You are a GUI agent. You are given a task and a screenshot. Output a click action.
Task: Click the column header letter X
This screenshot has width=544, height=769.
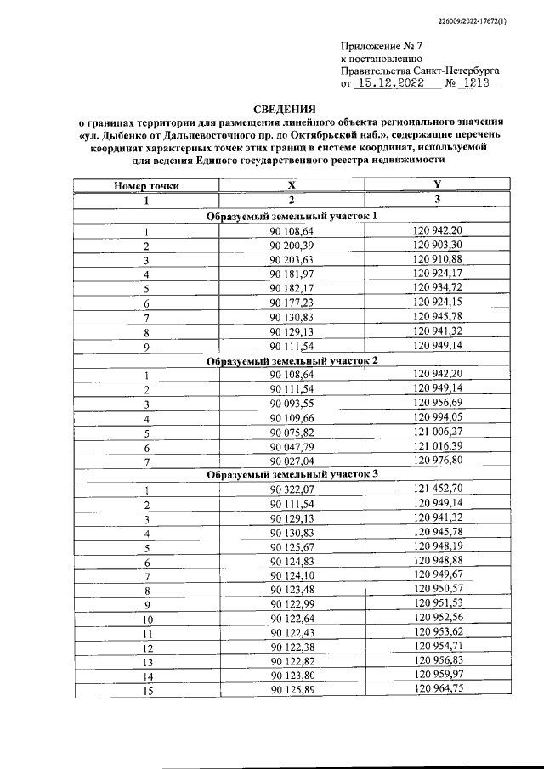coord(292,185)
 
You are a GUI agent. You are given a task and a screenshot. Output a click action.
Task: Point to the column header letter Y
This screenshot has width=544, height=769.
coord(437,185)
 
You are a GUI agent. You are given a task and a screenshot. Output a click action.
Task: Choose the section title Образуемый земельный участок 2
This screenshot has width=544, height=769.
coord(292,360)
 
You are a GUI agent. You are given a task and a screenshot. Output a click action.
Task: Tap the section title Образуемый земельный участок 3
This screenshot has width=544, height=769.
coord(292,475)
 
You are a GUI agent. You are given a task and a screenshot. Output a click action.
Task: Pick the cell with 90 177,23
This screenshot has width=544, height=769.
coord(292,303)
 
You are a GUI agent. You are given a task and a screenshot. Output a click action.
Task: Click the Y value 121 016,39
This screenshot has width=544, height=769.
coord(437,446)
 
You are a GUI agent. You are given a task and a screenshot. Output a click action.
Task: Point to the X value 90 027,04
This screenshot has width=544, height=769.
coord(292,461)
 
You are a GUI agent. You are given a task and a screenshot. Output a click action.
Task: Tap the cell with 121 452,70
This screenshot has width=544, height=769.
coord(437,489)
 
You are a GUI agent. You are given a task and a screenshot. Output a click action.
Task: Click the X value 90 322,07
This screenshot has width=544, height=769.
coord(292,489)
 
